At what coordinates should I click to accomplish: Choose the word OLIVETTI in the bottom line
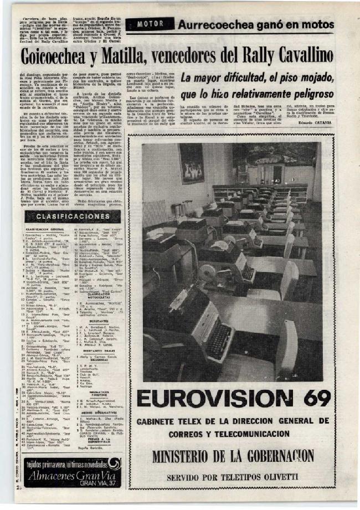tap(281, 477)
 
